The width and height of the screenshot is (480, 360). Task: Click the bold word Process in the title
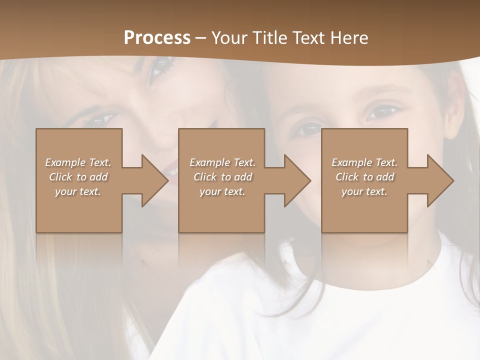(x=157, y=38)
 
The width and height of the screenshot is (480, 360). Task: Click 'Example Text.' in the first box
(x=78, y=162)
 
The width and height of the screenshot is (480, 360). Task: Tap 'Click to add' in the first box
(x=78, y=177)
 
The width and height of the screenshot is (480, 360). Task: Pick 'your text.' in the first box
(x=78, y=191)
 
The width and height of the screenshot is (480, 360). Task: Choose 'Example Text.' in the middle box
(x=222, y=162)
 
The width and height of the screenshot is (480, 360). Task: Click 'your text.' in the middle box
(x=222, y=191)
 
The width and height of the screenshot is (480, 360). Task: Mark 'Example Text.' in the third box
(x=364, y=162)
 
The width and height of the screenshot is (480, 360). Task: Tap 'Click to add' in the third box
(x=364, y=177)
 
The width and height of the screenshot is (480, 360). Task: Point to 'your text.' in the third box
(x=364, y=191)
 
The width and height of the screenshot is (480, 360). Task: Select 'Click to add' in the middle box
(x=222, y=177)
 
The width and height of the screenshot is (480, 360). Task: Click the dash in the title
(x=201, y=38)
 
